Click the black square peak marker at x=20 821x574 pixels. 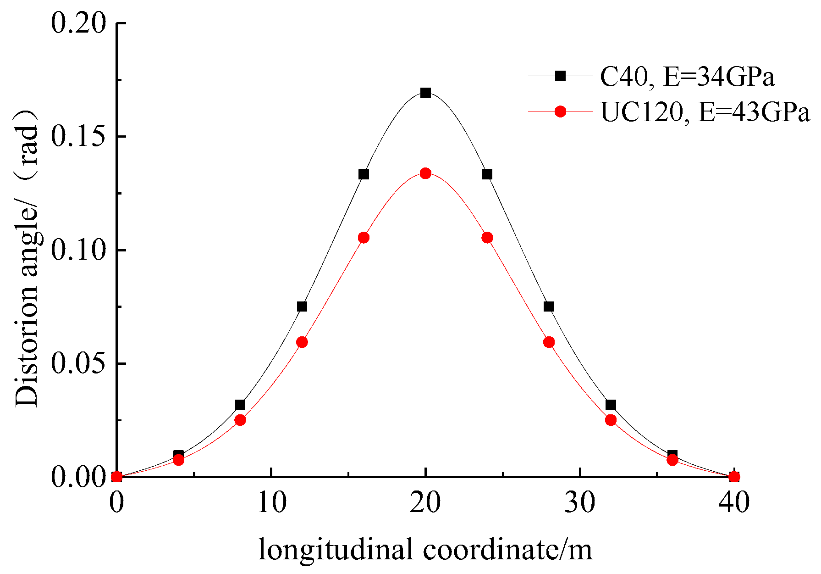coord(425,93)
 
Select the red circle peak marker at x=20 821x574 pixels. coord(425,173)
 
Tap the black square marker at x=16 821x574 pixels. coord(364,174)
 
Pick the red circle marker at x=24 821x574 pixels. coord(487,238)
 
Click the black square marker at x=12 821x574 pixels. coord(302,307)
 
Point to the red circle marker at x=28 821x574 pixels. coord(549,342)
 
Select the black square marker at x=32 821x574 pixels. coord(611,405)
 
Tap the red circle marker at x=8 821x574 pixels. coord(240,420)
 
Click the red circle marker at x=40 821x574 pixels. coord(734,477)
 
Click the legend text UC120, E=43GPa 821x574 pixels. coord(705,112)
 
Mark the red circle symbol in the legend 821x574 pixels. coord(560,111)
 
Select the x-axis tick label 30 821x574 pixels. coord(580,502)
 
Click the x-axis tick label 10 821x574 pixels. coord(271,502)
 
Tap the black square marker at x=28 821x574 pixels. coord(549,307)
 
